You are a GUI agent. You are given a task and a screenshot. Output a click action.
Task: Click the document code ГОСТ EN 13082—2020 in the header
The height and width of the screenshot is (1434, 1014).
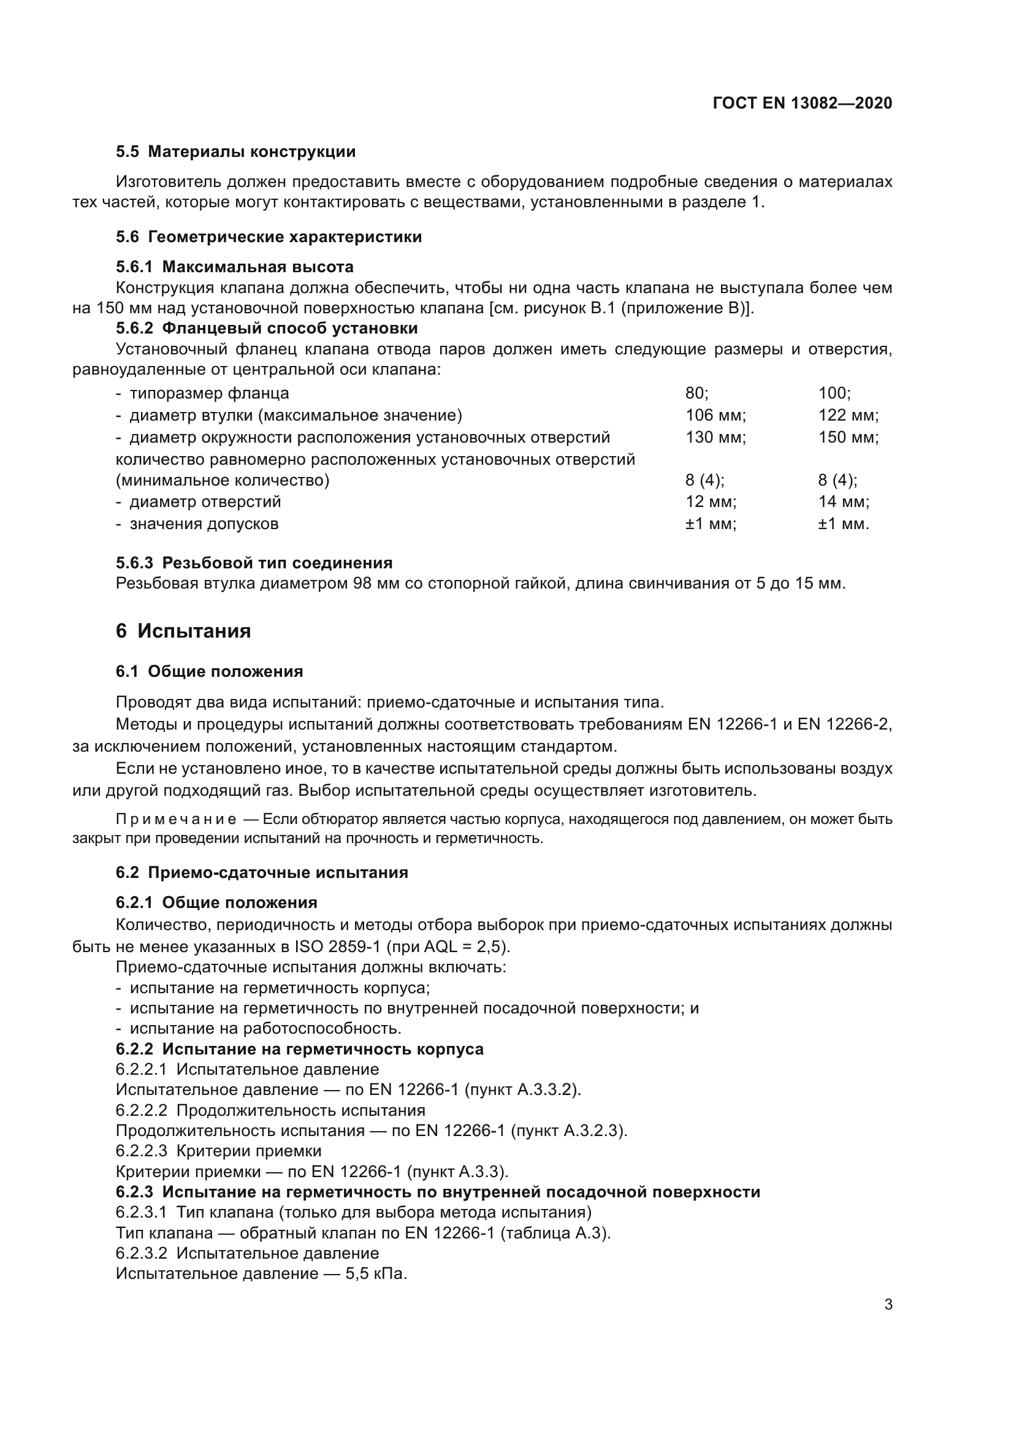coord(802,103)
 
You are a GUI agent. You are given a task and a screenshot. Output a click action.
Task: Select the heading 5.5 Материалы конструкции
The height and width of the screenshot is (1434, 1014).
coord(236,152)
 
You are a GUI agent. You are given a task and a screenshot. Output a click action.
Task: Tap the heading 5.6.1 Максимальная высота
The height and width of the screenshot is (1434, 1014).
coord(235,267)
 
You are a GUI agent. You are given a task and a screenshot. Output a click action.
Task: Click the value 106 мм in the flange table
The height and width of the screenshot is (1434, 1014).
coord(715,414)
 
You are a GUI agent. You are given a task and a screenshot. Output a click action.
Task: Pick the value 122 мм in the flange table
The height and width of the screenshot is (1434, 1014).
coord(848,414)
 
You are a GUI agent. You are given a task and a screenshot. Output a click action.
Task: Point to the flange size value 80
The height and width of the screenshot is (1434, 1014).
coord(696,393)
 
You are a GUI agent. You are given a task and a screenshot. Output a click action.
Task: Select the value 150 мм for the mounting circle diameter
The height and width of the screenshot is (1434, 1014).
coord(848,437)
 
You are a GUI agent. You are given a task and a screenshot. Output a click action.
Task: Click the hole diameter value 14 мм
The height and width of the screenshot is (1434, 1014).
coord(843,502)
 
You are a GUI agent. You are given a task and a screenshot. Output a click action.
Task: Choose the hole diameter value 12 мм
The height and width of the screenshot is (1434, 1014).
coord(711,502)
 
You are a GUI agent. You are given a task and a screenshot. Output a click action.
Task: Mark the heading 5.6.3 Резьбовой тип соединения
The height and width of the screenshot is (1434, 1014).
coord(254,563)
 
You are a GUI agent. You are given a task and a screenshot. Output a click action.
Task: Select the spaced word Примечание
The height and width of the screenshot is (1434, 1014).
coord(176,820)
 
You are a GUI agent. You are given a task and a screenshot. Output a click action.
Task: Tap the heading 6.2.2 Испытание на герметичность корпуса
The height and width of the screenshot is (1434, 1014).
coord(300,1049)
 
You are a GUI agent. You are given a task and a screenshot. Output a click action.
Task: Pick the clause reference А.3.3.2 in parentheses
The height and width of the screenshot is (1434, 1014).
coord(543,1090)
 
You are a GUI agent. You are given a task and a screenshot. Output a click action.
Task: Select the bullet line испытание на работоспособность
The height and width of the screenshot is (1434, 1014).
coord(265,1028)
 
